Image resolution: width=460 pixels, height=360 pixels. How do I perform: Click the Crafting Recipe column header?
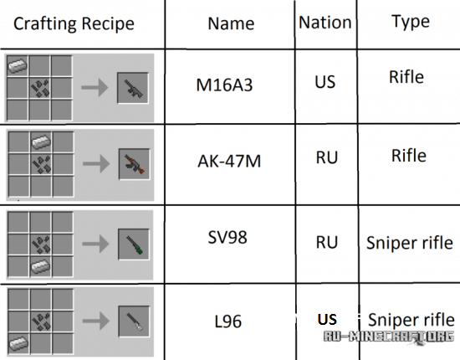[74, 23]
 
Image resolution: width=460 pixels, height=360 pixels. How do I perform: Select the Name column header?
[231, 23]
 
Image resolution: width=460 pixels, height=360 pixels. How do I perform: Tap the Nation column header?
[325, 23]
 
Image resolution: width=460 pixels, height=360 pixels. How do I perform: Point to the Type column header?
[411, 23]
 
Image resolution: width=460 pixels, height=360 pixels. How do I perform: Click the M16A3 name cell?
[224, 85]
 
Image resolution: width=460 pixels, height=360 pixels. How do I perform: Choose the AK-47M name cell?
[229, 162]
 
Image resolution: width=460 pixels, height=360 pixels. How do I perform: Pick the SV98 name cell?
[227, 237]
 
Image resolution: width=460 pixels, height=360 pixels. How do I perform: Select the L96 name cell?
[228, 321]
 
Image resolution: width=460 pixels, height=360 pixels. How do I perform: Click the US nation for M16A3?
[325, 82]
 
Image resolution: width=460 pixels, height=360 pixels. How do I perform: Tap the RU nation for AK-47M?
[327, 157]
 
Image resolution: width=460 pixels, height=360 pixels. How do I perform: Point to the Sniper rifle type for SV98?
[410, 243]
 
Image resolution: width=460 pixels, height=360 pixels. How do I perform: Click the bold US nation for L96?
[327, 320]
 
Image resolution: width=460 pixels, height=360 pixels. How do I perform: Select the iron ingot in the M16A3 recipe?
[18, 65]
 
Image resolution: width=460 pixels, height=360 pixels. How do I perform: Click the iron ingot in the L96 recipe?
[18, 342]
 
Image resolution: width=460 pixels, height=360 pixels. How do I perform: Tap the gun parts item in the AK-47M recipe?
[41, 164]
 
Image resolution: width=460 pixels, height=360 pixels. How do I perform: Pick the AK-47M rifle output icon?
[134, 164]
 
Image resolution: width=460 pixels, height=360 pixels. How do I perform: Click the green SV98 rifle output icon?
[134, 244]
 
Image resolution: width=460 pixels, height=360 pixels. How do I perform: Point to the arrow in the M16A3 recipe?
[95, 88]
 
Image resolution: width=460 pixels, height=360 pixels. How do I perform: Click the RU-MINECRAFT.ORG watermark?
[389, 337]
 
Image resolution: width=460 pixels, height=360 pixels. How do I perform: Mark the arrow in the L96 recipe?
[96, 321]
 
